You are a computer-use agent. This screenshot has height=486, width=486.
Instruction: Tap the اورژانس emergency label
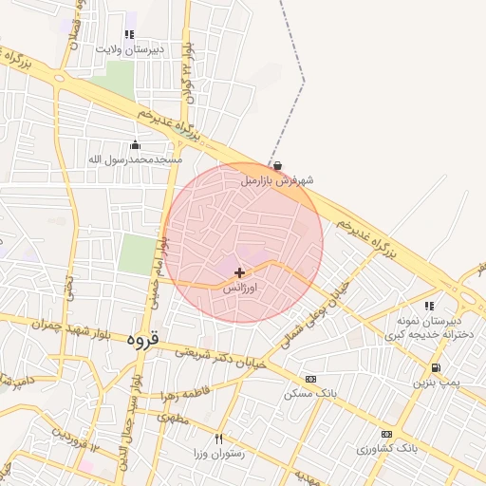coord(241,286)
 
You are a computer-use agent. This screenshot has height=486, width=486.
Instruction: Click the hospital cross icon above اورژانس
coord(238,272)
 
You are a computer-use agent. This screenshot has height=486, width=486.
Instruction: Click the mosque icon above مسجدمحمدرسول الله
coord(135,145)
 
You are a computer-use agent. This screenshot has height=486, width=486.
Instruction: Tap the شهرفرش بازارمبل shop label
coord(276,178)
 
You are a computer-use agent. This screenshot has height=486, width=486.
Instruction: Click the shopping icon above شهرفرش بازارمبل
coord(276,164)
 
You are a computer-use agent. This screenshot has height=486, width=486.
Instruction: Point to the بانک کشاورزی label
coord(386,447)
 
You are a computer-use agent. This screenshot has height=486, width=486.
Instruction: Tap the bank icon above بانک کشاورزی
coord(386,434)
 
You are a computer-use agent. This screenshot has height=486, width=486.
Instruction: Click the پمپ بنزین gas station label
coord(434,383)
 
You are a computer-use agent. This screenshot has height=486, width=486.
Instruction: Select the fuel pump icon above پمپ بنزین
coord(435,368)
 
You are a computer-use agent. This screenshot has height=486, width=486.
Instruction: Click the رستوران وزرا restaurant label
coord(217,454)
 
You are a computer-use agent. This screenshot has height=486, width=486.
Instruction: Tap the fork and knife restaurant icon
coord(219,439)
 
